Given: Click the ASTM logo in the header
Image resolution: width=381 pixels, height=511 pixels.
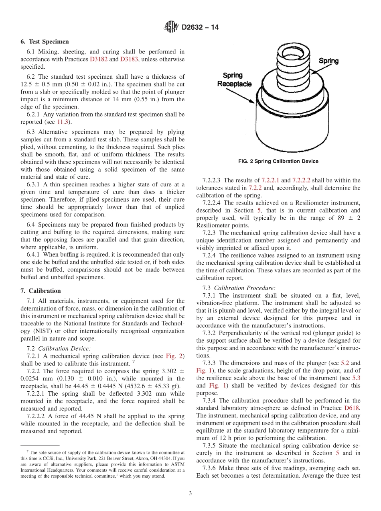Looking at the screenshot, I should point(171,27).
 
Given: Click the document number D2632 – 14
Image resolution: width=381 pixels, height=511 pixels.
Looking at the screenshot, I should point(200,28).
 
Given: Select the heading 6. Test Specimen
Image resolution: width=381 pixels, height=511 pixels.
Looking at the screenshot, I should point(45,41).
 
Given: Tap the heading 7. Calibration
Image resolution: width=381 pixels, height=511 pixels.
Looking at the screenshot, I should point(41,291).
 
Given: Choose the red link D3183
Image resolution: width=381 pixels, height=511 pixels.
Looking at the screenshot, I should point(129,59).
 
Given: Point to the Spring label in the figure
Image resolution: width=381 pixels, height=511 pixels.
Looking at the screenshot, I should point(328,61).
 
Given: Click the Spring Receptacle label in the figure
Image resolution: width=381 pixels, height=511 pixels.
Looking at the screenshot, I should point(234,80).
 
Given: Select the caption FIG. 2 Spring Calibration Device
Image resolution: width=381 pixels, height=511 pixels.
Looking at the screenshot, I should point(278,161).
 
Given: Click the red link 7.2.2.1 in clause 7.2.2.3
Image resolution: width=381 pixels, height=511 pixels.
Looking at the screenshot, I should point(270,180).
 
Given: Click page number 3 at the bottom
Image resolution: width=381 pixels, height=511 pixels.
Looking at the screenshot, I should point(190,493).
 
